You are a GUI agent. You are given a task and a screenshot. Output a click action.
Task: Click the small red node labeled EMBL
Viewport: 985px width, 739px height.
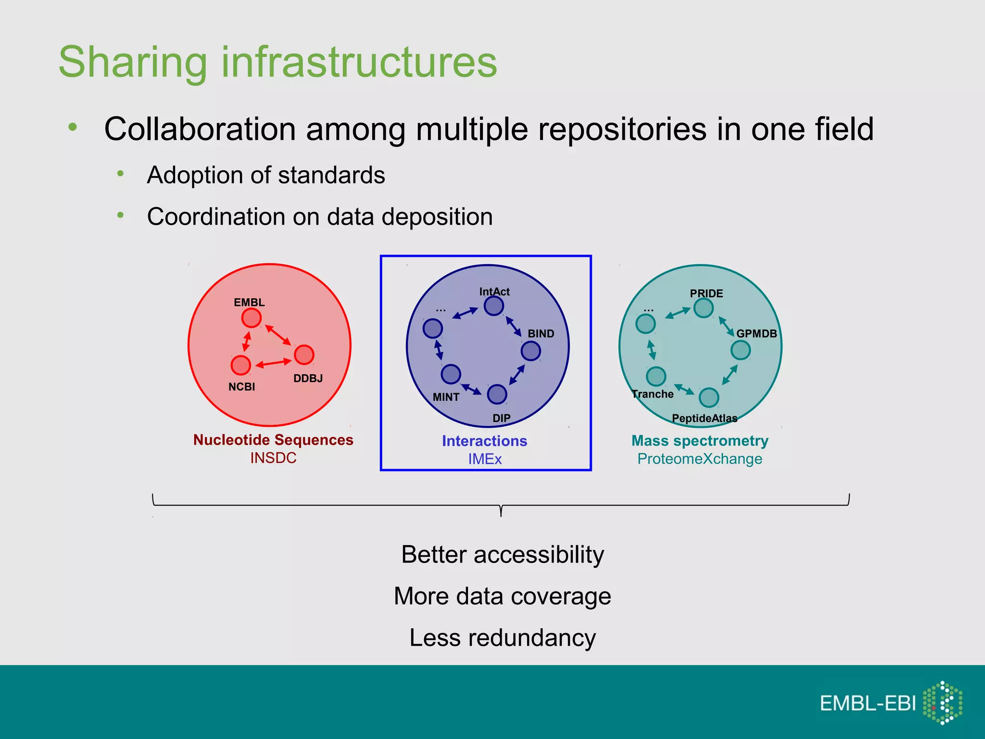pos(251,318)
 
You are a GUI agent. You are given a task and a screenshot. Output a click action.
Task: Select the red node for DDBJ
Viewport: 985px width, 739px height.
pos(304,355)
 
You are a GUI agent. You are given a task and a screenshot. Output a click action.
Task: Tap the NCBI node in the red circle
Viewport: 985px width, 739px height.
pos(241,365)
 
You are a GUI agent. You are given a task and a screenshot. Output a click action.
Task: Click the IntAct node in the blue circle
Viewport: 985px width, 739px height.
pos(494,306)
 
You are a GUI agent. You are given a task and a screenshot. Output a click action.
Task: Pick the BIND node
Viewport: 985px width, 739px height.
pos(531,351)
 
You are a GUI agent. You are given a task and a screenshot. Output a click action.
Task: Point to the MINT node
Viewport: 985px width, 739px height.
pos(451,374)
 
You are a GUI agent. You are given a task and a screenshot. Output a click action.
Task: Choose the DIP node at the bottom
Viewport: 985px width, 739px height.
pos(497,395)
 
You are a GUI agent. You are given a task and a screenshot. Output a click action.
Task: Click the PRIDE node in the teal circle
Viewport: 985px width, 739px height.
pos(704,308)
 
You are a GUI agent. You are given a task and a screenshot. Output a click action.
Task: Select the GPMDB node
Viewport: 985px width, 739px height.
pos(741,350)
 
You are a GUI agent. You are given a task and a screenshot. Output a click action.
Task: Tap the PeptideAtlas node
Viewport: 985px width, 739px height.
pos(709,398)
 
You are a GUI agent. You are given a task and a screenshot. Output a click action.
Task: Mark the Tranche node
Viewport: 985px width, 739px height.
pos(656,376)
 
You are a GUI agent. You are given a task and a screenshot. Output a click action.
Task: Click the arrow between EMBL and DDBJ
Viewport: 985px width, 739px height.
pos(278,335)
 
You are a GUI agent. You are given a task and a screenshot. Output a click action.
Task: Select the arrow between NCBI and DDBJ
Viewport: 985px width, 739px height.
pos(273,363)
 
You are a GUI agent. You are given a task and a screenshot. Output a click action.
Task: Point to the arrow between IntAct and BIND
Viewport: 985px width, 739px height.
pos(513,327)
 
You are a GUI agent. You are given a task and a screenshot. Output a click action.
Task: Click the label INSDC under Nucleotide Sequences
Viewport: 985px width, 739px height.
pos(273,458)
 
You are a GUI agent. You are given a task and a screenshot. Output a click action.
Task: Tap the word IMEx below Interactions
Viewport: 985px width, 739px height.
pos(485,459)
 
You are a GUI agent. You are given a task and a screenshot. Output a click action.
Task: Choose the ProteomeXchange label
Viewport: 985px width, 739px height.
pos(700,459)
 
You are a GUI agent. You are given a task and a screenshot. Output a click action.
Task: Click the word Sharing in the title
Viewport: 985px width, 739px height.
pos(133,62)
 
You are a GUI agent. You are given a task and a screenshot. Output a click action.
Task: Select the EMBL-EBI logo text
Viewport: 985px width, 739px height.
pos(868,703)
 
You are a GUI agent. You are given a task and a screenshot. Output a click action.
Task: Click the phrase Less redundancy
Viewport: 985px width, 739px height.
pos(503,638)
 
